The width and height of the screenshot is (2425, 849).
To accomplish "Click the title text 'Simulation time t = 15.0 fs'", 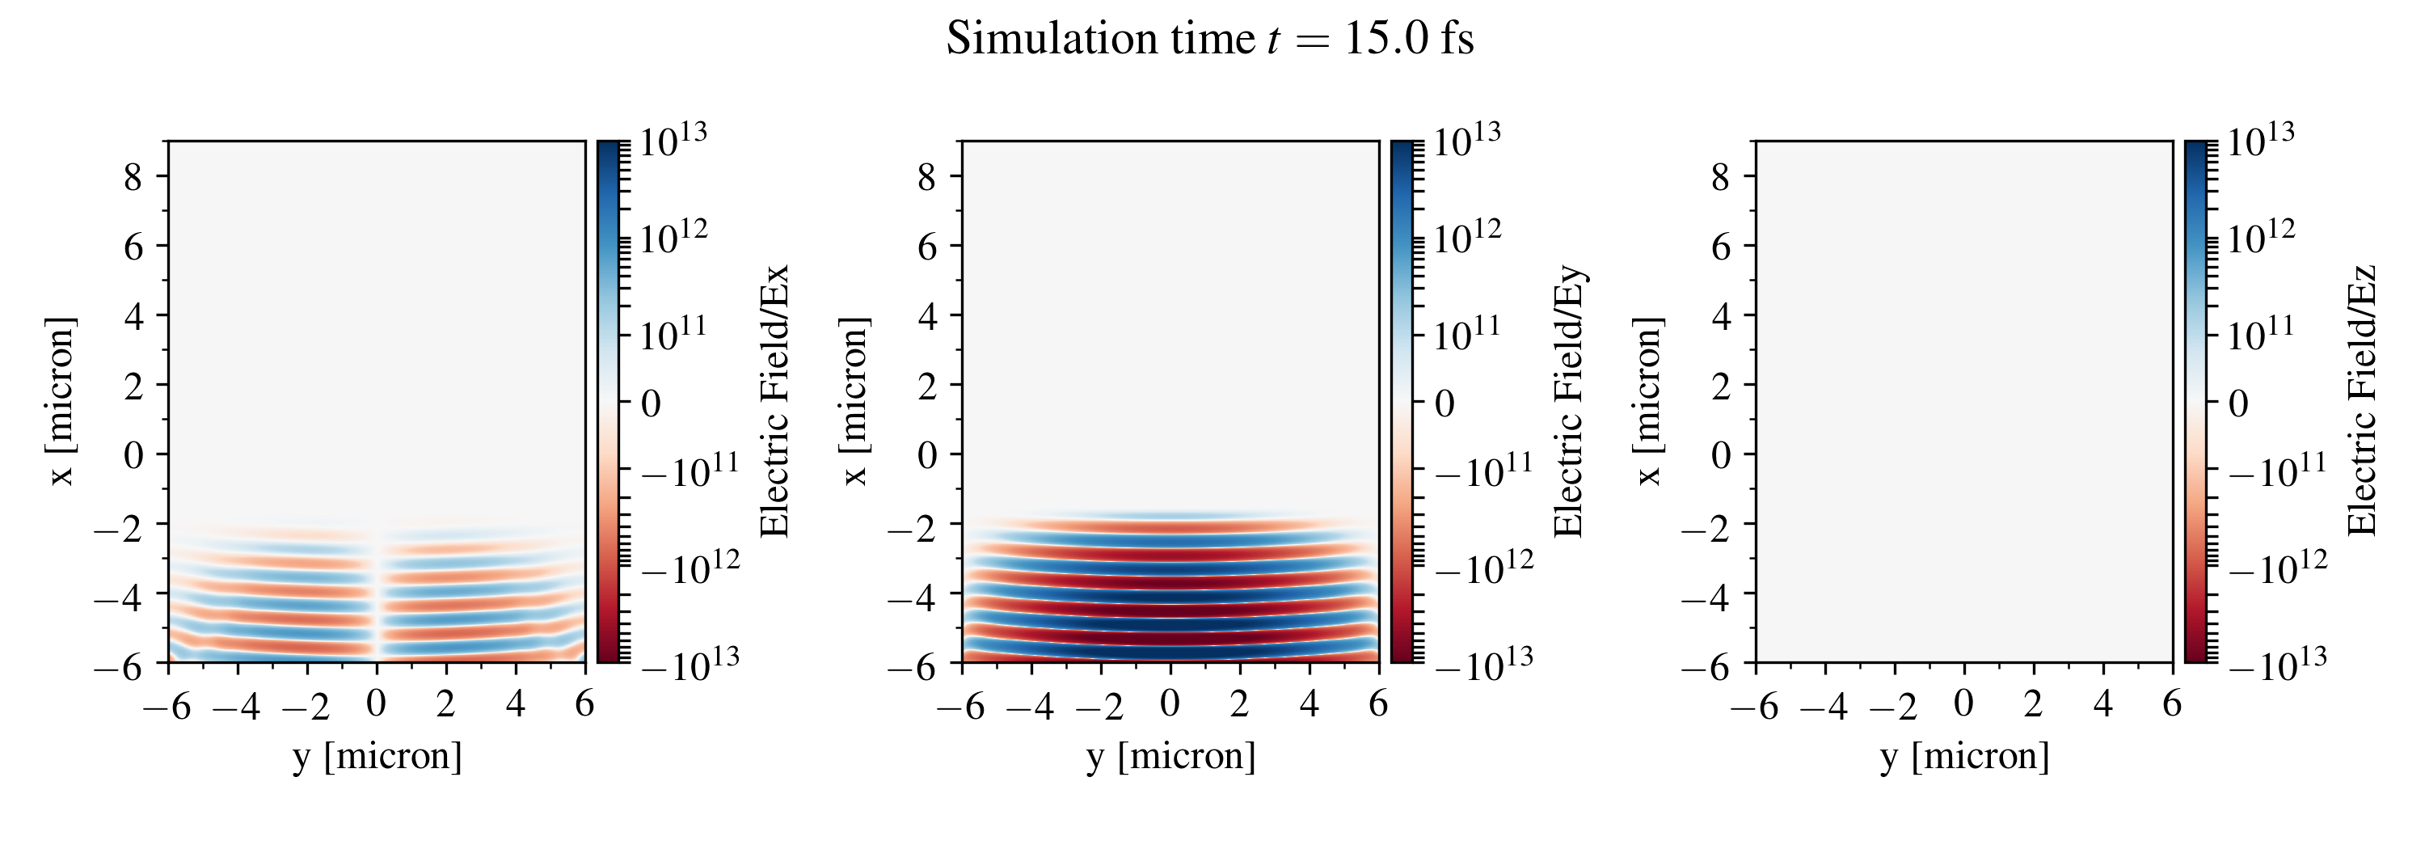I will (1210, 40).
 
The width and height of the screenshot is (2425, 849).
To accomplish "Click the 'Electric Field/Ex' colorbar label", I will (774, 401).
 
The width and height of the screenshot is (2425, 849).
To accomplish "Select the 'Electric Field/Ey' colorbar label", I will (1568, 401).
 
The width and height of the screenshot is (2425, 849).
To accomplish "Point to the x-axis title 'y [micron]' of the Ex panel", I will (377, 756).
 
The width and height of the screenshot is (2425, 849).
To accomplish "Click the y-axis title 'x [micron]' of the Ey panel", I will (854, 401).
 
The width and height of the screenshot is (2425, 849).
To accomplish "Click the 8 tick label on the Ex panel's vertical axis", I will (133, 176).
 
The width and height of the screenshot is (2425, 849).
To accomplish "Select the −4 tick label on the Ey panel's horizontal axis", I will (1030, 705).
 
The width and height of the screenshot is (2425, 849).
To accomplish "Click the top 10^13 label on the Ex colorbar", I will (673, 141).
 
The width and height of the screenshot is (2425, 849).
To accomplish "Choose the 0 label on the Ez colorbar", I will (2238, 403).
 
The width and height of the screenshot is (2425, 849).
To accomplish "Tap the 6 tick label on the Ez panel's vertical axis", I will (1721, 247).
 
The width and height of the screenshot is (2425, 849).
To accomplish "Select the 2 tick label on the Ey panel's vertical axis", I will (927, 385).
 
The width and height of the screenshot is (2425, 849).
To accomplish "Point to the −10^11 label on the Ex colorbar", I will (690, 469).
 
